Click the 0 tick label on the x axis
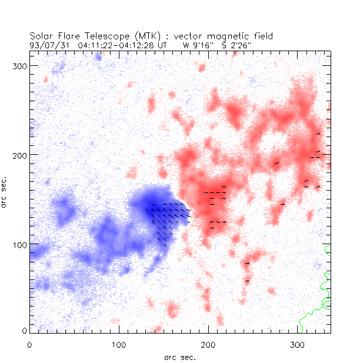tap(29, 344)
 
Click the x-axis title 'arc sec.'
tap(180, 357)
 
